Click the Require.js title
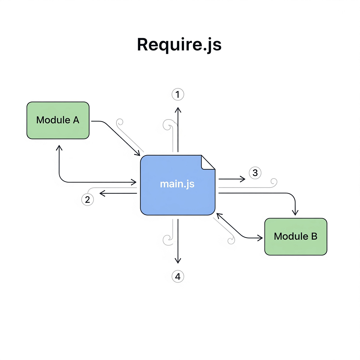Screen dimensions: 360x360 pos(179,45)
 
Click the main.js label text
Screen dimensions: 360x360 pos(177,184)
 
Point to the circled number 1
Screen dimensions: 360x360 pos(178,94)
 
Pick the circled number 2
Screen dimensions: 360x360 pos(87,199)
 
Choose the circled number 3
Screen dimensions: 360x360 pos(255,173)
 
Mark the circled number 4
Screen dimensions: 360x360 pos(178,276)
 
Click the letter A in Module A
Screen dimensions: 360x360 pos(76,120)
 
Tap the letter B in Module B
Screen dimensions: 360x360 pos(314,236)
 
